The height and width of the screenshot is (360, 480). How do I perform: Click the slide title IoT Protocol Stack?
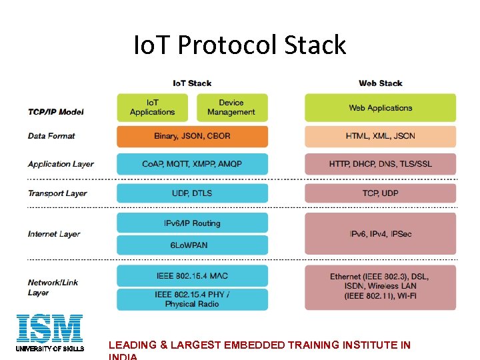coord(240,45)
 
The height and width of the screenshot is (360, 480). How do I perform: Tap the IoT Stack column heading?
coord(192,83)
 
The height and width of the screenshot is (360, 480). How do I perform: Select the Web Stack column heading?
coord(380,83)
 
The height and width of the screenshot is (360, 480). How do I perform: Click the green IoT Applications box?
coord(153,107)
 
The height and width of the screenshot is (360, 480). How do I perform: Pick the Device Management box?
coord(231,107)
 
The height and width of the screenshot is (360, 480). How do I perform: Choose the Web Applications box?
coord(381,107)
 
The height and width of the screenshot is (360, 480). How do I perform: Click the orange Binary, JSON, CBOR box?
coord(192,136)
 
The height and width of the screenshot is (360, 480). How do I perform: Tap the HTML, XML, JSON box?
coord(381,136)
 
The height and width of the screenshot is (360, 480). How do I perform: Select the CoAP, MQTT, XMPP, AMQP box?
coord(192,164)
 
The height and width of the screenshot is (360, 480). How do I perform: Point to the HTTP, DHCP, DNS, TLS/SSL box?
coord(381,164)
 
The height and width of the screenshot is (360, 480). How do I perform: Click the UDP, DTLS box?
coord(192,193)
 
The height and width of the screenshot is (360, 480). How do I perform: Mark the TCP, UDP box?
coord(381,193)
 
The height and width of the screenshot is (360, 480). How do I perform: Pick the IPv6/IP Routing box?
coord(192,223)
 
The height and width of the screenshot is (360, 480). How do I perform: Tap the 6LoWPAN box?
coord(192,245)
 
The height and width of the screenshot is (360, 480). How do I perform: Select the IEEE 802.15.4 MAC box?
coord(192,276)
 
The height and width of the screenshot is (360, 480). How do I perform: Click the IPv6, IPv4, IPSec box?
coord(381,234)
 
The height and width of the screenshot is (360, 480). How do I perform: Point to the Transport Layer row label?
coord(57,193)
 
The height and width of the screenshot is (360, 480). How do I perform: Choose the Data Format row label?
coord(51,136)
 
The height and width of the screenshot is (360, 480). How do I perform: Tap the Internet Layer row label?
coord(54,234)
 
